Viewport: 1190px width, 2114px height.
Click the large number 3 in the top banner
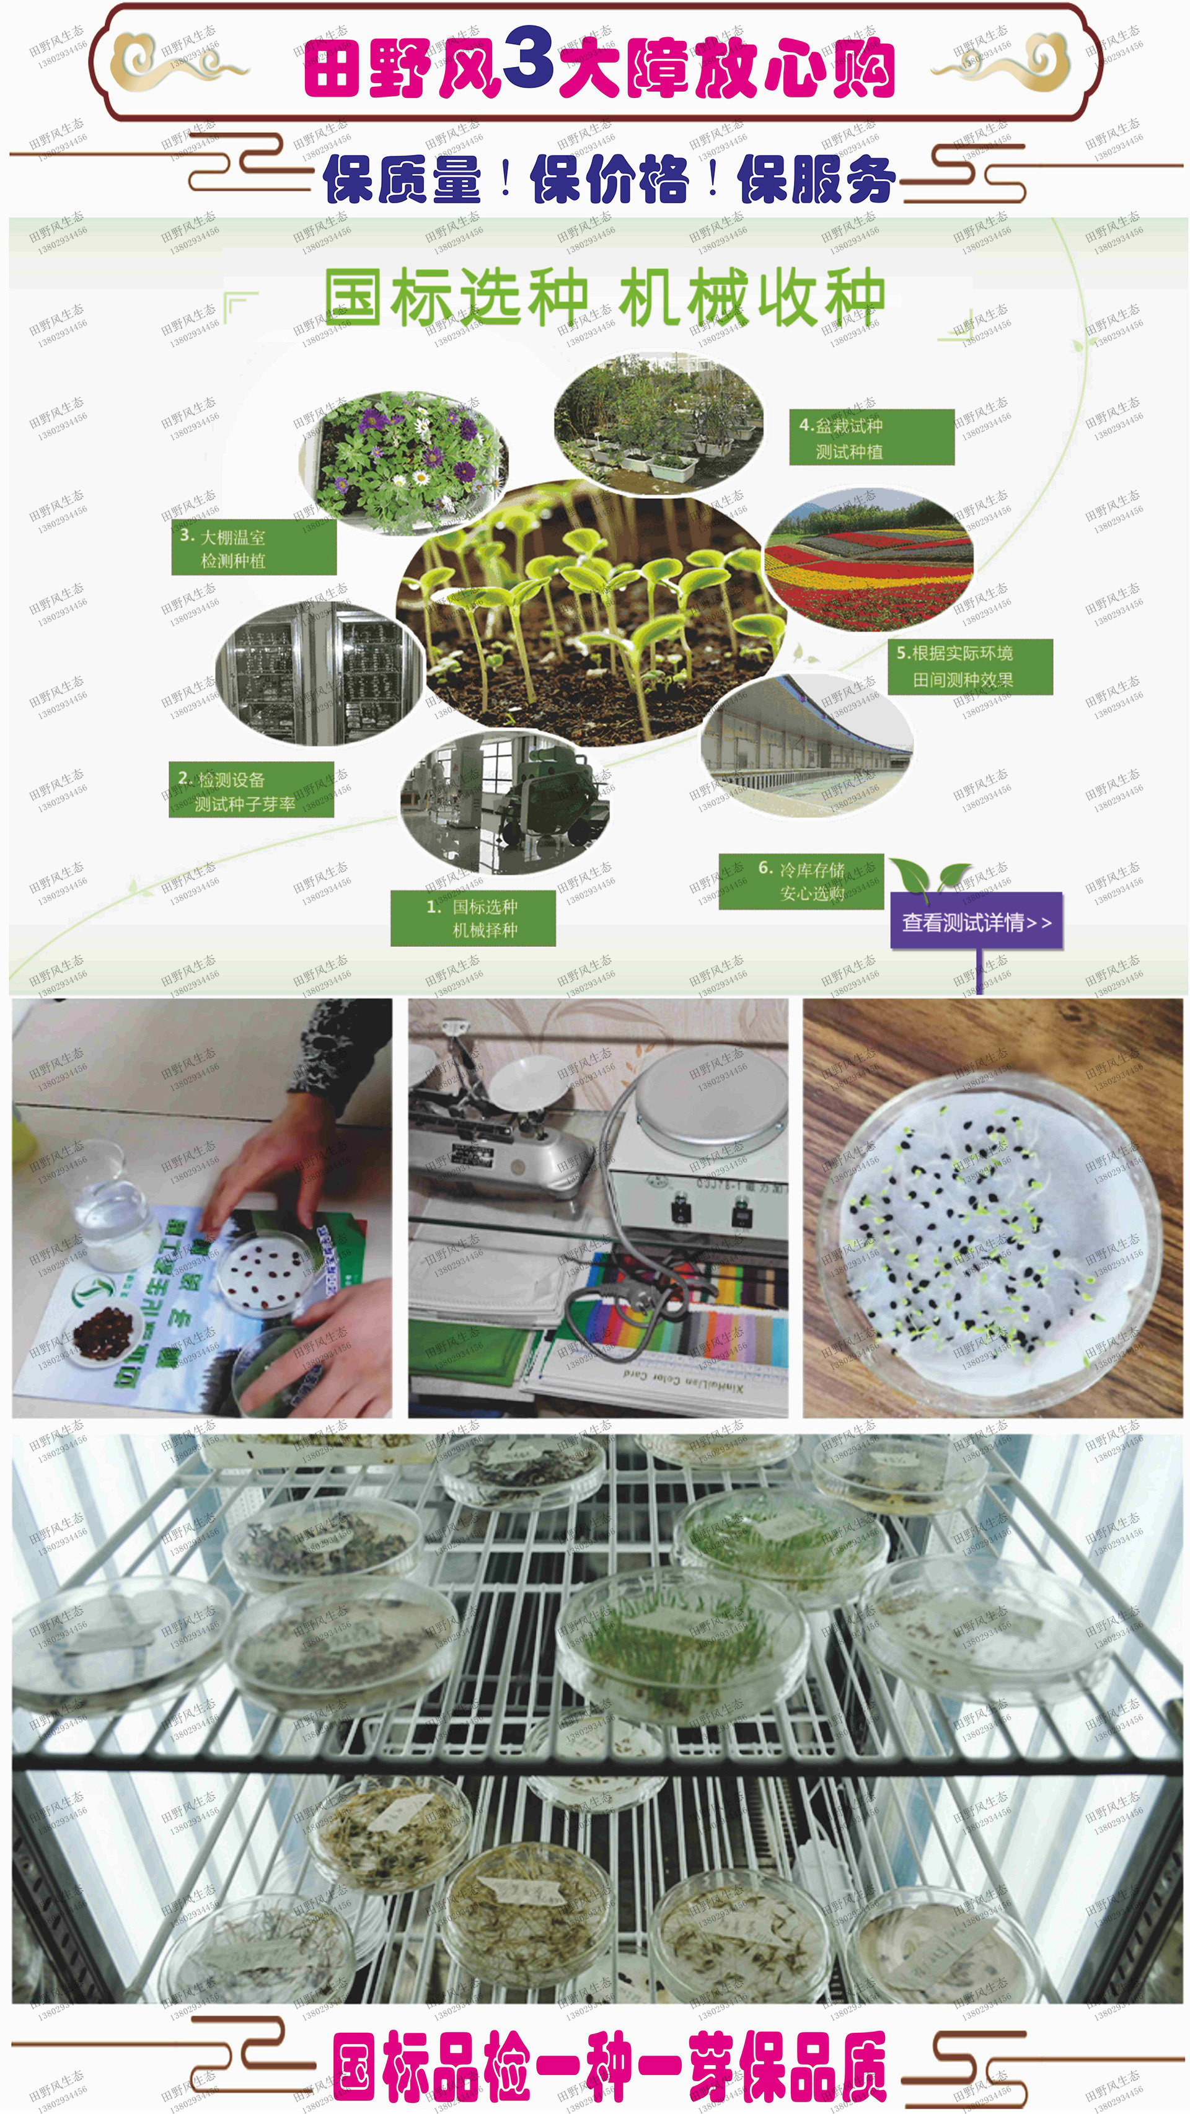tap(529, 58)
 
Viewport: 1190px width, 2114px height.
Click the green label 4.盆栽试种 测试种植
tap(871, 438)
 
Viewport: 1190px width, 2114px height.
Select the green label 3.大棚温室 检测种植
tap(253, 547)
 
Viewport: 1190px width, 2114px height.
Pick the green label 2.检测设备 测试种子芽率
tap(251, 790)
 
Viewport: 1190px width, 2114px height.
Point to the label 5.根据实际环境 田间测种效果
tap(969, 666)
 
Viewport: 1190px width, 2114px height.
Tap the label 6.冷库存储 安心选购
tap(800, 881)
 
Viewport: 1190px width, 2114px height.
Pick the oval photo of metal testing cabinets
tap(319, 673)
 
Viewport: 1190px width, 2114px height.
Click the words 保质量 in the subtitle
tap(402, 179)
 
